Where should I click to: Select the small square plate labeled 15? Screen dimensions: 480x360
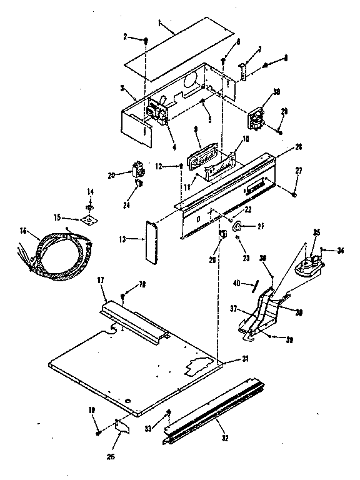[x=90, y=219]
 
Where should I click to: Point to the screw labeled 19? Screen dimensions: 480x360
[x=99, y=431]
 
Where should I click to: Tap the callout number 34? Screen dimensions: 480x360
[x=341, y=251]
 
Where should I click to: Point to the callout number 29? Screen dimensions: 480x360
[x=284, y=111]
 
